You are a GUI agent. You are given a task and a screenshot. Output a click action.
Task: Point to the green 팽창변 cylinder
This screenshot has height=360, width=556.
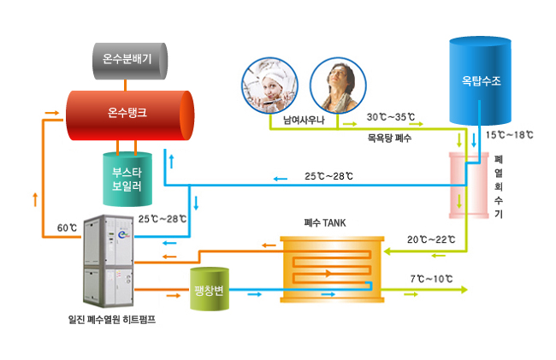(x=209, y=288)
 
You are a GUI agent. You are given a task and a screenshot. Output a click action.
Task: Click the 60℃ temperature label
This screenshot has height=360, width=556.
(x=67, y=228)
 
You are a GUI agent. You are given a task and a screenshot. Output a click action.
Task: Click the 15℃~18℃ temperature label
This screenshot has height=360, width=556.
(x=509, y=135)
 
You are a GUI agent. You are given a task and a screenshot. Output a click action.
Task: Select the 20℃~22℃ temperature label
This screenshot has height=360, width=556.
(x=430, y=239)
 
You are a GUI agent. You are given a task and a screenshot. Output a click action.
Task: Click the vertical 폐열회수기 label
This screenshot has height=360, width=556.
(x=499, y=186)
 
